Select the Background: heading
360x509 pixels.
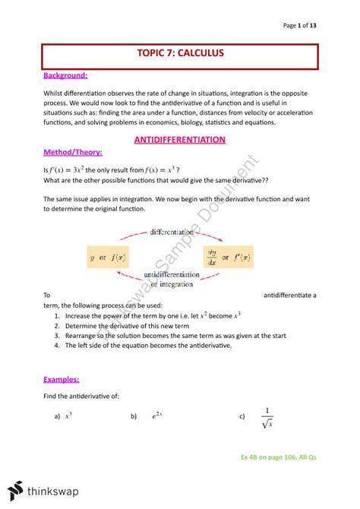[x=65, y=76]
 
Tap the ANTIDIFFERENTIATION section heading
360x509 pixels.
[x=179, y=140]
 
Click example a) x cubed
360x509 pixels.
[x=64, y=416]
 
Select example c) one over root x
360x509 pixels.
[x=259, y=416]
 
